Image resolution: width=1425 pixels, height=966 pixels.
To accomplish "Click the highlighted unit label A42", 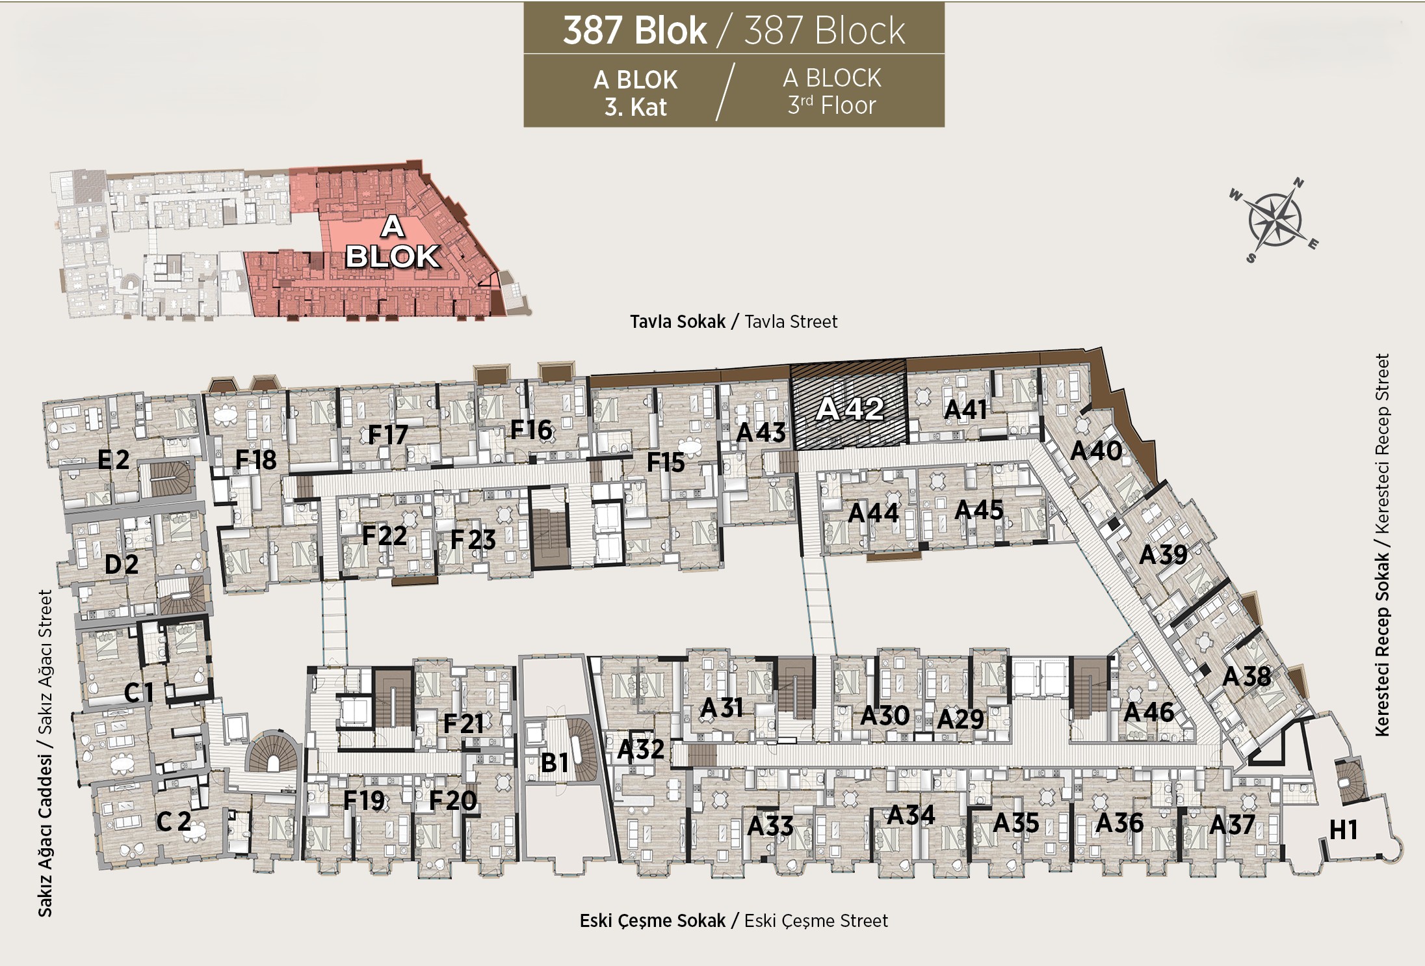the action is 850,409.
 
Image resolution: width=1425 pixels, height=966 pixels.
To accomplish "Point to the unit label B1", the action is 555,762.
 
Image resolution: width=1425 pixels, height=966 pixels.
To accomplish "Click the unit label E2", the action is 113,460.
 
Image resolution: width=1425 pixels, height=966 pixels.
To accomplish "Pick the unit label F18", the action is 255,460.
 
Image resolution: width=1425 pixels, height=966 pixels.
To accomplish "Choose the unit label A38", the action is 1246,677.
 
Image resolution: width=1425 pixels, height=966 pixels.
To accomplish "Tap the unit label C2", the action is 174,821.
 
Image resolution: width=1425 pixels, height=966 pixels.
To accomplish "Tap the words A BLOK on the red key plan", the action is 392,242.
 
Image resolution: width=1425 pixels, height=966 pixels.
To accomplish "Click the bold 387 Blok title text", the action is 634,30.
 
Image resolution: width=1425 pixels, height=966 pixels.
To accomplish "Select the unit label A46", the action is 1149,712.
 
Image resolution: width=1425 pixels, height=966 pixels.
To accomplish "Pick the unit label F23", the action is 473,539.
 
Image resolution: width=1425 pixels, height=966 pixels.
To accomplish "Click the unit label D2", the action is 121,564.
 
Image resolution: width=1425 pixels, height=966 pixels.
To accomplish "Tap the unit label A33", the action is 770,825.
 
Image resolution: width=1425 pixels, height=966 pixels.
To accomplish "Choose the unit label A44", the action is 873,513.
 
